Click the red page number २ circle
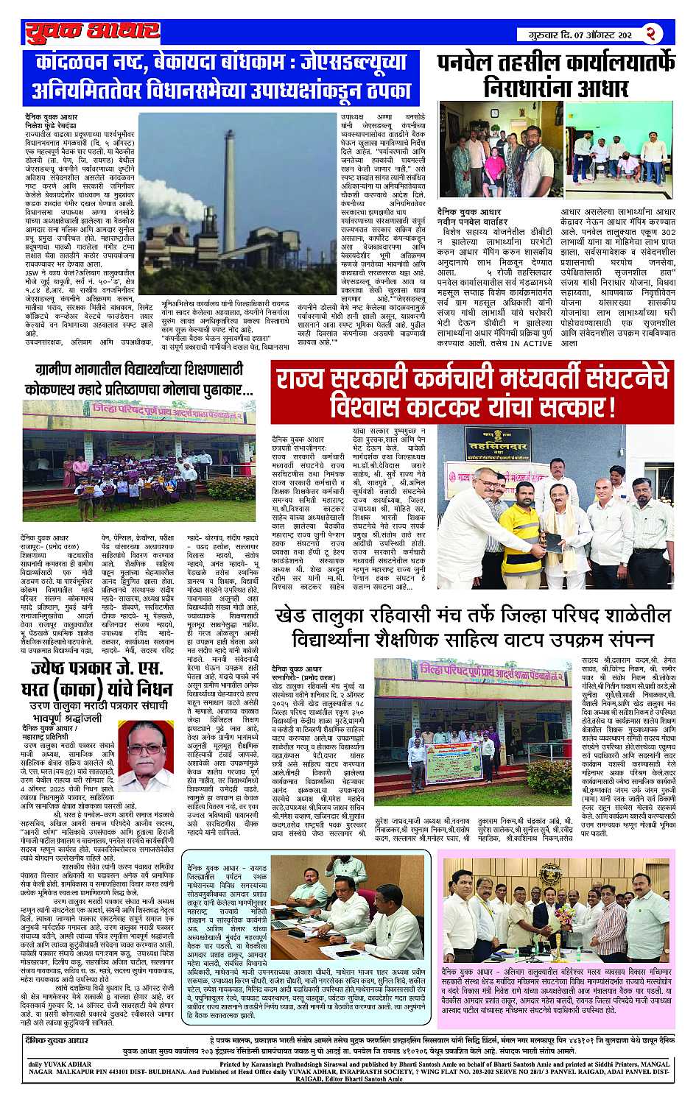(653, 32)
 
